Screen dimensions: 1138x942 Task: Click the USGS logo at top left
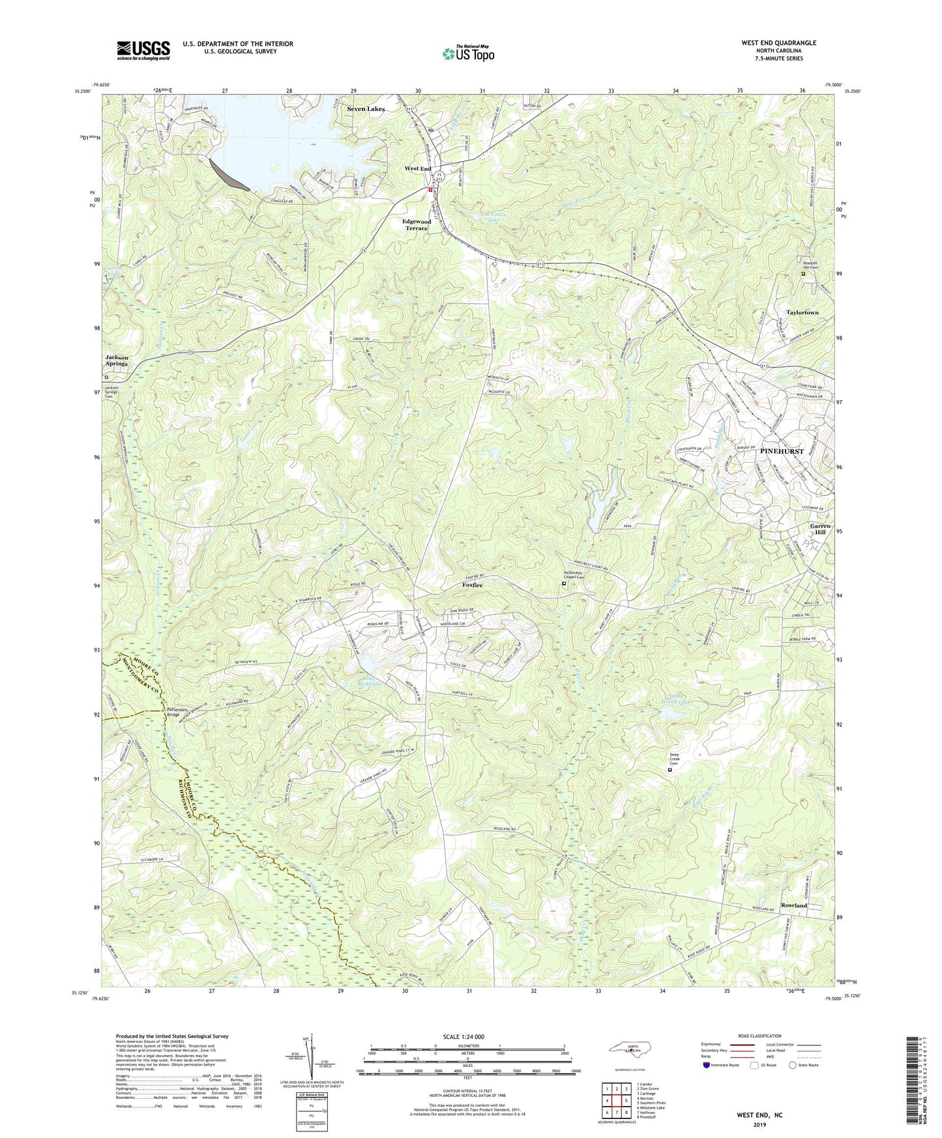click(143, 50)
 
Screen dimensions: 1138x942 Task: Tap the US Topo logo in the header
click(467, 54)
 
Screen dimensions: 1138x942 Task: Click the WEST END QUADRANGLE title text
click(778, 43)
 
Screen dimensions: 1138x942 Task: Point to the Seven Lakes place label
click(365, 109)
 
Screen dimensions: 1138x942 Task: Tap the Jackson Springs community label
click(117, 360)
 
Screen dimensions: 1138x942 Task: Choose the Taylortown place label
click(801, 313)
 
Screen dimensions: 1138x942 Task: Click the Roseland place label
click(794, 905)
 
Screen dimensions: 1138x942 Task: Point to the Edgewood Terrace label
click(416, 225)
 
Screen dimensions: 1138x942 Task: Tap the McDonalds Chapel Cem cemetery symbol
click(564, 585)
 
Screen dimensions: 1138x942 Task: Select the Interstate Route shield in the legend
click(707, 1065)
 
